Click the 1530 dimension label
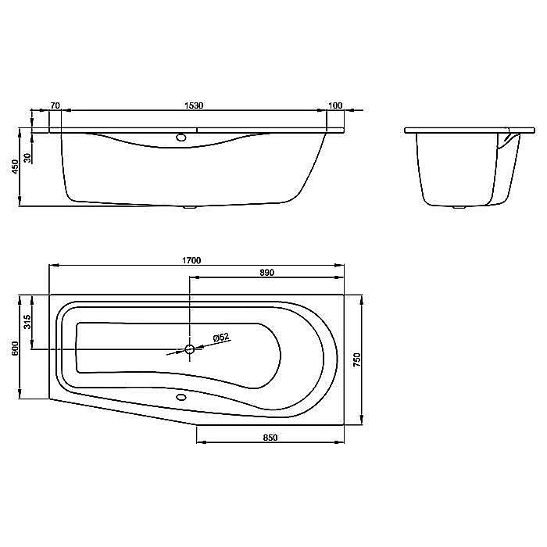[x=194, y=105]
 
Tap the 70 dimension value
[x=55, y=105]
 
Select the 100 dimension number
[x=335, y=105]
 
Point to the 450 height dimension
[x=15, y=167]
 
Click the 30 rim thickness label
[x=27, y=159]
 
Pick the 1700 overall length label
[x=191, y=260]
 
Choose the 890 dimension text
[x=267, y=273]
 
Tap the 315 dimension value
[x=27, y=322]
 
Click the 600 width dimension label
[x=15, y=349]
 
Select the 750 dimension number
[x=357, y=359]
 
